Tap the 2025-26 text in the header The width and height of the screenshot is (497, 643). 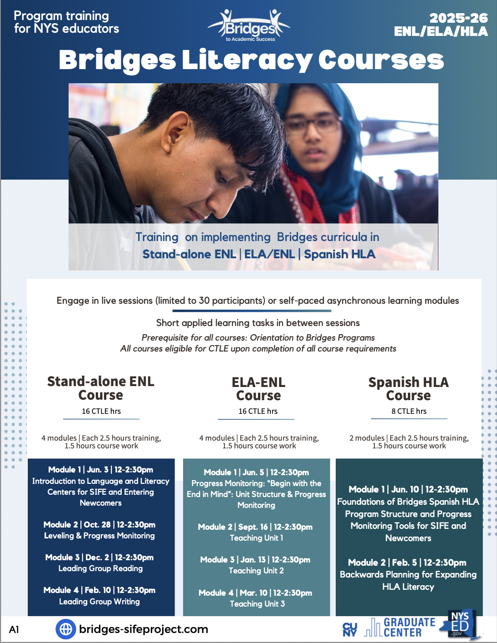tap(458, 18)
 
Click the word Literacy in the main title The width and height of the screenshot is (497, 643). tap(246, 60)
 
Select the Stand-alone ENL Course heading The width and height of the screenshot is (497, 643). tap(101, 388)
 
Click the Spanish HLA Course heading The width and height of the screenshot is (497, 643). tap(408, 389)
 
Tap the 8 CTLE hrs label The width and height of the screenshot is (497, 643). tap(409, 411)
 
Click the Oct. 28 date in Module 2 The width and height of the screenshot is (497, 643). tap(97, 525)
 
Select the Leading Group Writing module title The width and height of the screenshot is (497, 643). tap(99, 602)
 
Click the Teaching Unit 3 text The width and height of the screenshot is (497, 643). tap(257, 604)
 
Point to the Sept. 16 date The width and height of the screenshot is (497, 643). tap(253, 527)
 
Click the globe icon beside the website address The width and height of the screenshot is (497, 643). tap(66, 629)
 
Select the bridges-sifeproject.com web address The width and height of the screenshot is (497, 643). tap(144, 629)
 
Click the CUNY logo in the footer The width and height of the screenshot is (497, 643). tap(350, 629)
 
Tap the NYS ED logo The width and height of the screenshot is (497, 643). tap(460, 624)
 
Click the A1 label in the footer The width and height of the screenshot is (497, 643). tap(14, 629)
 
